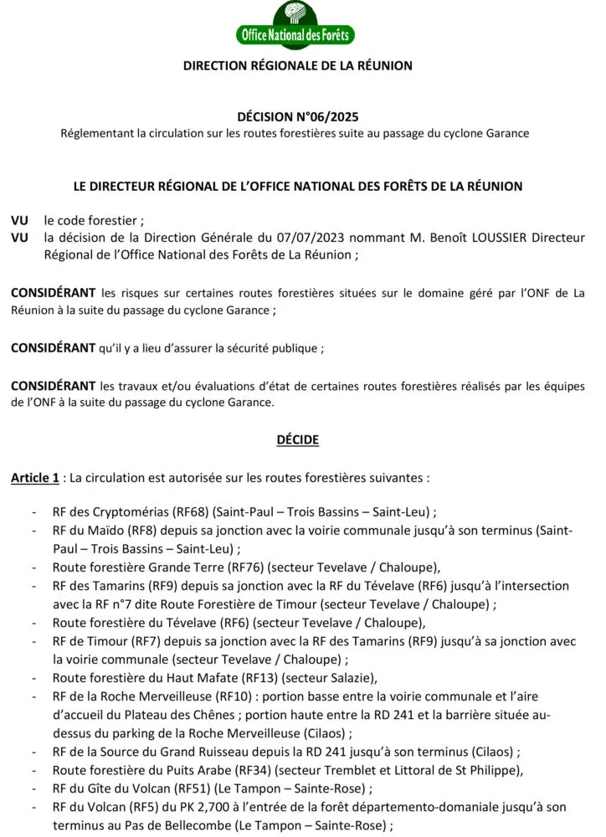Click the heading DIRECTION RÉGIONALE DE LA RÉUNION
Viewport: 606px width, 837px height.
pos(298,65)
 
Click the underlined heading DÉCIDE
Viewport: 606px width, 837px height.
pos(298,439)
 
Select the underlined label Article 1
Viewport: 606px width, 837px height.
pos(34,478)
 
